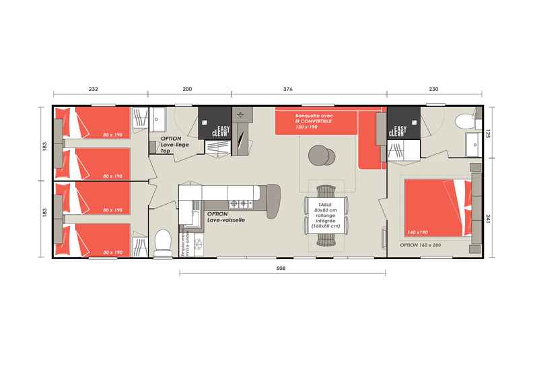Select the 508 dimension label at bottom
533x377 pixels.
point(281,268)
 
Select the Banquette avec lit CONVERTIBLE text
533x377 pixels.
point(314,121)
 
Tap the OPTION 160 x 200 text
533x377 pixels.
point(420,244)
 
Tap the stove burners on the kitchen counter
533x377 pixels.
point(238,203)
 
